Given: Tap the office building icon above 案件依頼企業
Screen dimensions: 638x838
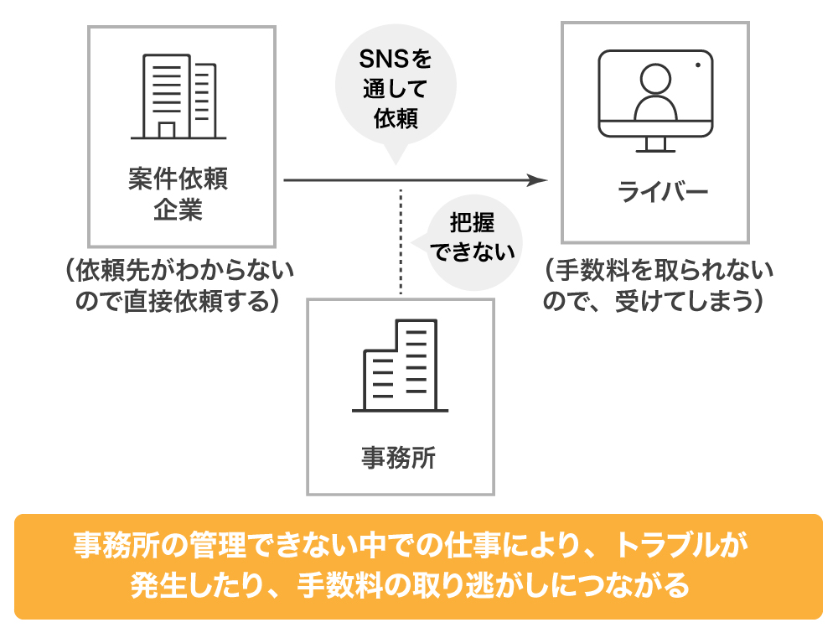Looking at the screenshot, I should (178, 96).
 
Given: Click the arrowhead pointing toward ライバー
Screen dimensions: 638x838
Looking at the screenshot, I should (538, 180).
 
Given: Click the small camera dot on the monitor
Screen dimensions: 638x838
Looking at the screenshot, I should (696, 65).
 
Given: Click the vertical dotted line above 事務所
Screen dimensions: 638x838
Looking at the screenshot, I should (401, 243).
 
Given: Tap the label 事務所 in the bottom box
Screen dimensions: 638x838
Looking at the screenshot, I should (400, 458).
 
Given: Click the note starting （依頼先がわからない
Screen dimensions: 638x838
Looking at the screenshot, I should (178, 285).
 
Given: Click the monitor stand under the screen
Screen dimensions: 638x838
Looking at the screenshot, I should (654, 144).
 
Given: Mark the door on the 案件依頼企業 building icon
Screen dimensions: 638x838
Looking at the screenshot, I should (167, 130).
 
